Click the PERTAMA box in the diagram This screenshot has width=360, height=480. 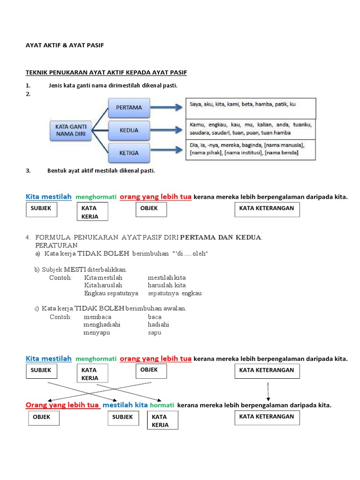coord(128,107)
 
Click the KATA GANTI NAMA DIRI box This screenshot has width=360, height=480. coord(70,129)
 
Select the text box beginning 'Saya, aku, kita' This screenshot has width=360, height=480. coord(251,108)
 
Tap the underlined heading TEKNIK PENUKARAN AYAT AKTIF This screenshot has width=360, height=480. coord(106,73)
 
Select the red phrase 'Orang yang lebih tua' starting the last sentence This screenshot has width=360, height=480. coord(62,405)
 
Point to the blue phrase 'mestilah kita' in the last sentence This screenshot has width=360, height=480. coord(125,405)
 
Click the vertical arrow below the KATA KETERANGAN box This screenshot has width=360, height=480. coord(268,392)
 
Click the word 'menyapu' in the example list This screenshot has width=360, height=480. coord(96,332)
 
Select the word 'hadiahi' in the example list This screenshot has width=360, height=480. coord(158,324)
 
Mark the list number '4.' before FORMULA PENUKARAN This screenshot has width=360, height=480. coord(28,237)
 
